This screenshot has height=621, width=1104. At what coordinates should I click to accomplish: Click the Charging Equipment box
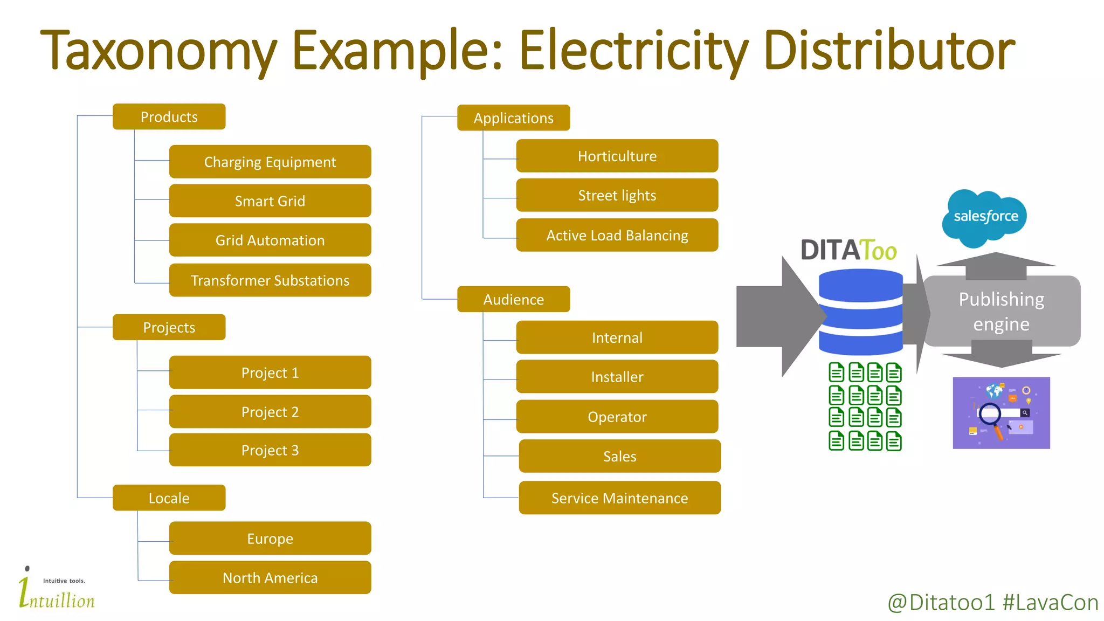(270, 162)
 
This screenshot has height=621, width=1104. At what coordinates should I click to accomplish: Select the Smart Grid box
(270, 201)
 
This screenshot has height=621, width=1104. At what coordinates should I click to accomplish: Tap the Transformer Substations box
(270, 280)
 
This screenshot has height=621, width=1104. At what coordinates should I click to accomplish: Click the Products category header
(169, 117)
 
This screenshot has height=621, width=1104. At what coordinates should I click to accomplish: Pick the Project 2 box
(270, 412)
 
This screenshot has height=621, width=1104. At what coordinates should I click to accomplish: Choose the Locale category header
(169, 498)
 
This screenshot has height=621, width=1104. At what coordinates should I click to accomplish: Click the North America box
(270, 578)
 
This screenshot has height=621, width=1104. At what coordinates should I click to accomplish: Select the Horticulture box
(617, 156)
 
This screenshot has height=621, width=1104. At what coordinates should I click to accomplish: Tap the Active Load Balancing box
(617, 236)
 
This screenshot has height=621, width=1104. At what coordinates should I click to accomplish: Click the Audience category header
(513, 300)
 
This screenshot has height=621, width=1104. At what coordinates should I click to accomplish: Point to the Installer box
(617, 377)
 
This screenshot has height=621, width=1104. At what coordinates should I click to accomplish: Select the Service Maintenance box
(619, 498)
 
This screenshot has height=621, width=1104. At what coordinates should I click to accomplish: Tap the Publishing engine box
(1002, 312)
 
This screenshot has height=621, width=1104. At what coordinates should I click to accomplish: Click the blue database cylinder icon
(860, 313)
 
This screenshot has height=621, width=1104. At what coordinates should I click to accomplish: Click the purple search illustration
(1001, 413)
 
